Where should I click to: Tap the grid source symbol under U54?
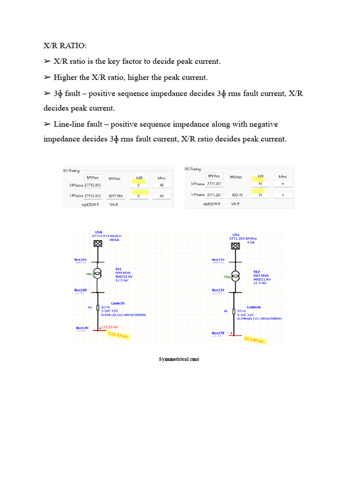(98, 243)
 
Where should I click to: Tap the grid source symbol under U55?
(236, 246)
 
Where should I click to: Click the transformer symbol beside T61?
(98, 275)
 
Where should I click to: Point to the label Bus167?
(81, 259)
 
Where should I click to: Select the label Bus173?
(218, 259)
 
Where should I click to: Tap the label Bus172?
(218, 290)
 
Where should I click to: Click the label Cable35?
(118, 303)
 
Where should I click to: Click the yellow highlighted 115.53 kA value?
(118, 335)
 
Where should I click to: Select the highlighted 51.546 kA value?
(255, 340)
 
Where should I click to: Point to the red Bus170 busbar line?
(99, 330)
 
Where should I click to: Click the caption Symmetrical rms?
(179, 359)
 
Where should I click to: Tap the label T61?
(119, 269)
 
